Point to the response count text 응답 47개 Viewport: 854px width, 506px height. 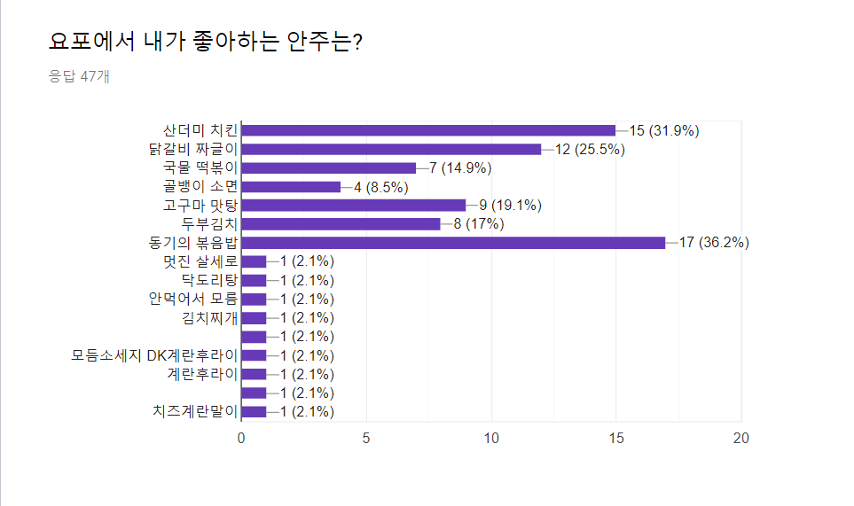[79, 77]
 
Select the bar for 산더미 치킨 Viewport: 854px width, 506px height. [428, 130]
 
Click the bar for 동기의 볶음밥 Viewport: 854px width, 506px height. [453, 243]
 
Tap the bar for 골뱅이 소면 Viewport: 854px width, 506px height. [291, 187]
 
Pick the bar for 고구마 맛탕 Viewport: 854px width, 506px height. [353, 206]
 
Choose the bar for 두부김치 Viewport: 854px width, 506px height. [341, 224]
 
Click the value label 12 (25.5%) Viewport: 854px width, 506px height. [590, 149]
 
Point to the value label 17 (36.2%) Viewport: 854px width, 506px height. [714, 243]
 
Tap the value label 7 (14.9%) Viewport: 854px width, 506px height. [460, 168]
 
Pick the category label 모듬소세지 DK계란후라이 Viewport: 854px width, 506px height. [155, 355]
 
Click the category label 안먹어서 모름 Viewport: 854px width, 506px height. [193, 299]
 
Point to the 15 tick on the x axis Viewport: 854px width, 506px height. [615, 438]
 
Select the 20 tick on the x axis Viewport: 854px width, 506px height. [740, 438]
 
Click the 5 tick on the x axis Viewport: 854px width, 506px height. [366, 438]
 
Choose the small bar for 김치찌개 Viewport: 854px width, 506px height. [254, 318]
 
